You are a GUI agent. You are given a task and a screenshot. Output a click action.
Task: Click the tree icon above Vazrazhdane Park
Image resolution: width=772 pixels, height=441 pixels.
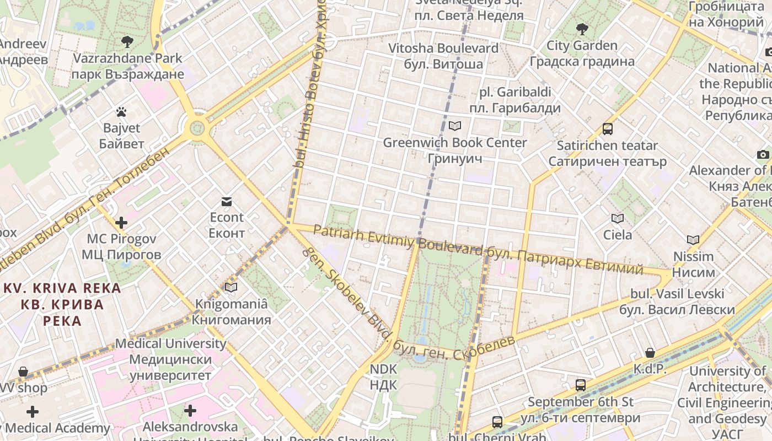click(127, 42)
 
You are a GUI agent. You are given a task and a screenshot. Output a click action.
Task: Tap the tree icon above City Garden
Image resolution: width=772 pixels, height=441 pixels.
click(581, 29)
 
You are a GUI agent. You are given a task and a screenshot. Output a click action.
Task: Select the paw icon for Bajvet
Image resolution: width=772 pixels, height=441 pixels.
click(122, 112)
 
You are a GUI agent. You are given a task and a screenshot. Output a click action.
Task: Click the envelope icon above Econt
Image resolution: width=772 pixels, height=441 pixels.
click(227, 201)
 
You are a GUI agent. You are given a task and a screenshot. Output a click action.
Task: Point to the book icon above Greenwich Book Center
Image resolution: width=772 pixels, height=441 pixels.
click(454, 126)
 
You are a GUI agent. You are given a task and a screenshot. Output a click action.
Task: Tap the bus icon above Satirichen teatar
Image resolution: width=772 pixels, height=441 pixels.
click(607, 129)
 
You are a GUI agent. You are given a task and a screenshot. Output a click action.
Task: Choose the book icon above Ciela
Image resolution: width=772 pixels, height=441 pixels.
click(618, 219)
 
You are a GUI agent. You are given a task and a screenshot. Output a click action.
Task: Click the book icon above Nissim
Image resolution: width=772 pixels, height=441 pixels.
click(693, 240)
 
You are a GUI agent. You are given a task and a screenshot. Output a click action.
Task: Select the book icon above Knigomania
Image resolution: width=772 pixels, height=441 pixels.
click(231, 287)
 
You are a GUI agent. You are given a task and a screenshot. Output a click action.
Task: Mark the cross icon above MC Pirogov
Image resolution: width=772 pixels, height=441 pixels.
click(121, 223)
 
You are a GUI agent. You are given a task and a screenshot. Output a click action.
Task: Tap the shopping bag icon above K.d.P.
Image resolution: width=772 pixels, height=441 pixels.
click(650, 353)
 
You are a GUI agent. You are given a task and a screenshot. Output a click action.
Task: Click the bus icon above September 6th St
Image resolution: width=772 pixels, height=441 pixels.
click(580, 385)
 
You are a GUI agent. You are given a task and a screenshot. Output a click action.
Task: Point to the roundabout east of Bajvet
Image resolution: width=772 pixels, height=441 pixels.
click(197, 128)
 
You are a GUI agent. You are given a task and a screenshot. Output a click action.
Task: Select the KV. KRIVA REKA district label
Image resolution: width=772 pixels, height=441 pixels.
click(62, 304)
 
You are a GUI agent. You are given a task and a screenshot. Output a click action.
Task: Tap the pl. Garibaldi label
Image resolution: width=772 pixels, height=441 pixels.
click(515, 100)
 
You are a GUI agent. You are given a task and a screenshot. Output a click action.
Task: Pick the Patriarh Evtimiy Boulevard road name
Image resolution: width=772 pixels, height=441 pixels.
click(397, 238)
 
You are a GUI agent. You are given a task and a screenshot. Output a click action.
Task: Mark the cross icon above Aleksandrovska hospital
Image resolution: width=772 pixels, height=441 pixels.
click(190, 411)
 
